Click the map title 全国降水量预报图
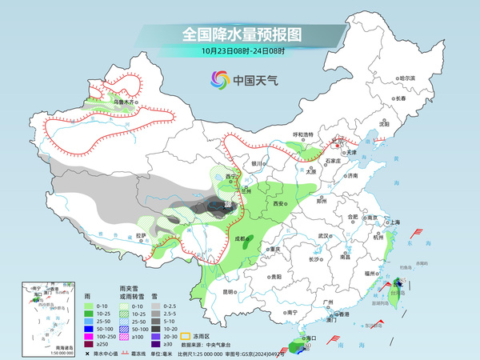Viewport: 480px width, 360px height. click(239, 34)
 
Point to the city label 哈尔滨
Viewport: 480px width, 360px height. click(408, 78)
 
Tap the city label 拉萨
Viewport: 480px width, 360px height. click(141, 236)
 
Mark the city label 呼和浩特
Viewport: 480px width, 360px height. click(303, 134)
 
